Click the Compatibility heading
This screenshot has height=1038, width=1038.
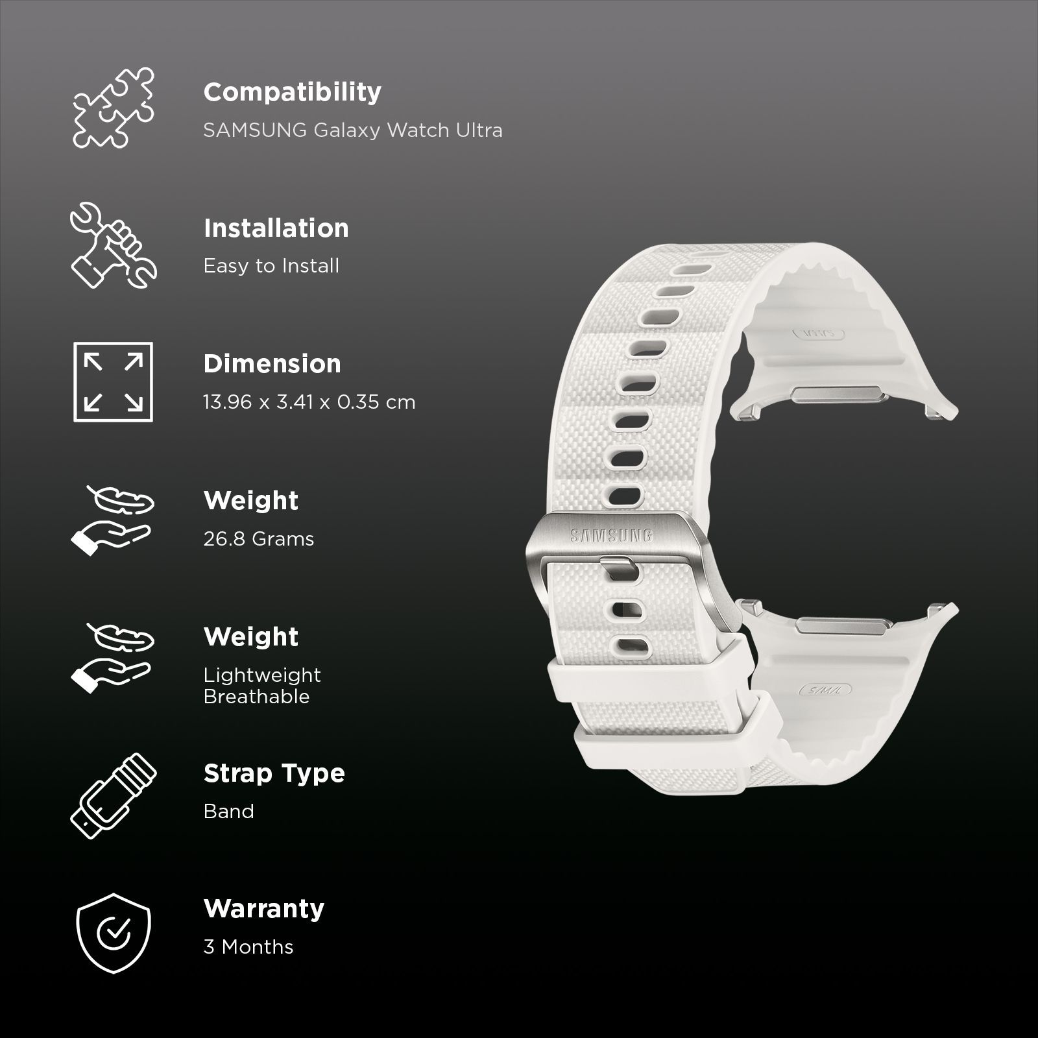pyautogui.click(x=292, y=92)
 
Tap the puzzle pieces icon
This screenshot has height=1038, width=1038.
pyautogui.click(x=114, y=107)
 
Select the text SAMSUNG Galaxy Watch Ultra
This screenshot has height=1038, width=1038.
pyautogui.click(x=352, y=130)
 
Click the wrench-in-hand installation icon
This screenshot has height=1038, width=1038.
pyautogui.click(x=114, y=245)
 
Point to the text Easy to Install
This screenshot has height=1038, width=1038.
pyautogui.click(x=271, y=266)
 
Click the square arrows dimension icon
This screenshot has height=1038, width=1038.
pyautogui.click(x=114, y=382)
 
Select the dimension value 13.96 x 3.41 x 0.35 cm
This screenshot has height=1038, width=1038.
pyautogui.click(x=309, y=402)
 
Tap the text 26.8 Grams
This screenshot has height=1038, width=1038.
pyautogui.click(x=258, y=539)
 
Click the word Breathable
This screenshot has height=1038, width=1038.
pyautogui.click(x=256, y=697)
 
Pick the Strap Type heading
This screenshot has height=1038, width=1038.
pyautogui.click(x=274, y=773)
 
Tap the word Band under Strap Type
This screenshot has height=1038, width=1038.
pyautogui.click(x=228, y=812)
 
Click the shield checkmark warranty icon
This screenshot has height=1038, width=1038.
pyautogui.click(x=114, y=933)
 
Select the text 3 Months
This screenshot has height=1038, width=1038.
pyautogui.click(x=248, y=947)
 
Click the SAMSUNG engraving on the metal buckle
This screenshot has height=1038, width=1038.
pyautogui.click(x=611, y=535)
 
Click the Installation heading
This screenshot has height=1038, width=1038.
pyautogui.click(x=276, y=228)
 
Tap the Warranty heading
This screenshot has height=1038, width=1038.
pyautogui.click(x=263, y=909)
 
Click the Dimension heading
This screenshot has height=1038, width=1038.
pyautogui.click(x=272, y=364)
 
